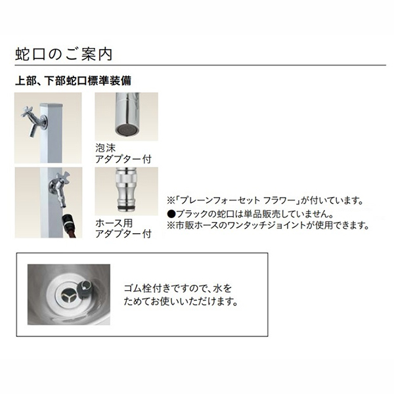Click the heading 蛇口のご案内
pos(64,55)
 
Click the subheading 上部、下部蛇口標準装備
pos(73,81)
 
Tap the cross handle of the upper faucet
pos(28,112)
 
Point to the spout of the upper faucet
pos(33,131)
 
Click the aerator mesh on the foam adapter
pos(125,130)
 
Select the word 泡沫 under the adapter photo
pos(106,148)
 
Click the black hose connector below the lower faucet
pos(68,219)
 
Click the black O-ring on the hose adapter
pos(126,208)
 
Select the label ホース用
pos(114,223)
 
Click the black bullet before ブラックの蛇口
pos(171,214)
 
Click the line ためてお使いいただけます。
pos(181,301)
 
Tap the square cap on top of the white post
pos(51,104)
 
